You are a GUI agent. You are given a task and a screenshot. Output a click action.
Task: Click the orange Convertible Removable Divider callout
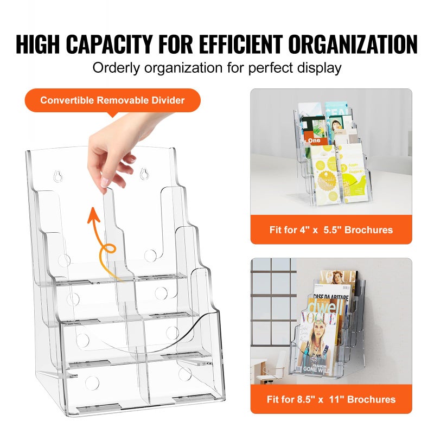(112, 100)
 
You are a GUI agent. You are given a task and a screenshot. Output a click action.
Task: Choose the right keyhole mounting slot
(144, 174)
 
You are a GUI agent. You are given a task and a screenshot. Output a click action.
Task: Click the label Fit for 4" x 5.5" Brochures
(331, 229)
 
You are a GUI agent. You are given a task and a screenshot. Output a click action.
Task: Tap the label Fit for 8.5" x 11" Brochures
(331, 399)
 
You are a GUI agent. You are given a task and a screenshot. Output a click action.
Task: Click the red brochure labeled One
(315, 139)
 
